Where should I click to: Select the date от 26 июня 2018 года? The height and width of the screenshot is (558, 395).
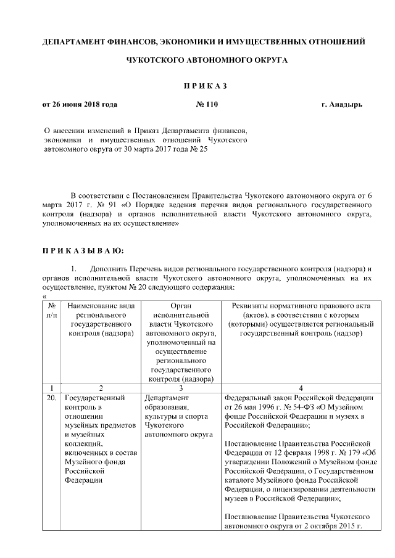click(x=80, y=104)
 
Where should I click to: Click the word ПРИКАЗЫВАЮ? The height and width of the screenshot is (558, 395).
click(x=83, y=250)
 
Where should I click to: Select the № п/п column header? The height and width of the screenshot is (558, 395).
click(x=52, y=310)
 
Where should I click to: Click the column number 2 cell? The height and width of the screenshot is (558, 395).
click(x=101, y=388)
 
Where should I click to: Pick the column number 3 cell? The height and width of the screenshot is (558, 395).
click(x=180, y=388)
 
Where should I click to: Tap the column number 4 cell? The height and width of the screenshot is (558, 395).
click(x=301, y=388)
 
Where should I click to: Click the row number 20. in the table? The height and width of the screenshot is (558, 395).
click(x=52, y=398)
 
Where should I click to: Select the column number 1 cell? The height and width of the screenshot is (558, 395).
click(x=52, y=388)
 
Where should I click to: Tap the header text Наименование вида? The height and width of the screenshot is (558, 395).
click(x=101, y=306)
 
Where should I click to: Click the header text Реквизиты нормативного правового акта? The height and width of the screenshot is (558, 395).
click(x=301, y=306)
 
